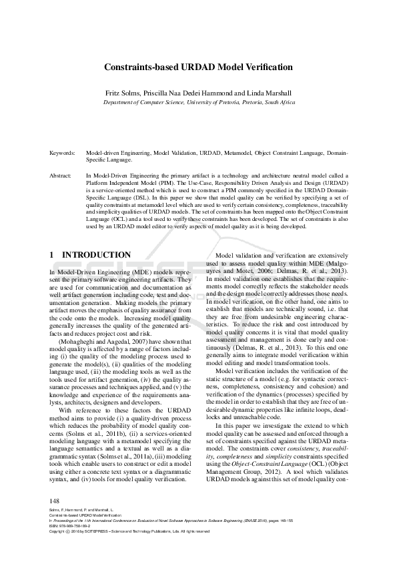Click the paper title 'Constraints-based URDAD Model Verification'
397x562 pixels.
198,67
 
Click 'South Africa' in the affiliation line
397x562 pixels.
279,103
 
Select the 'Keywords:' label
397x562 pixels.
63,153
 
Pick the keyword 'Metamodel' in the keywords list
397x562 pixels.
238,153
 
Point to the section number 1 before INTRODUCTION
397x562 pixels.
52,255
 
